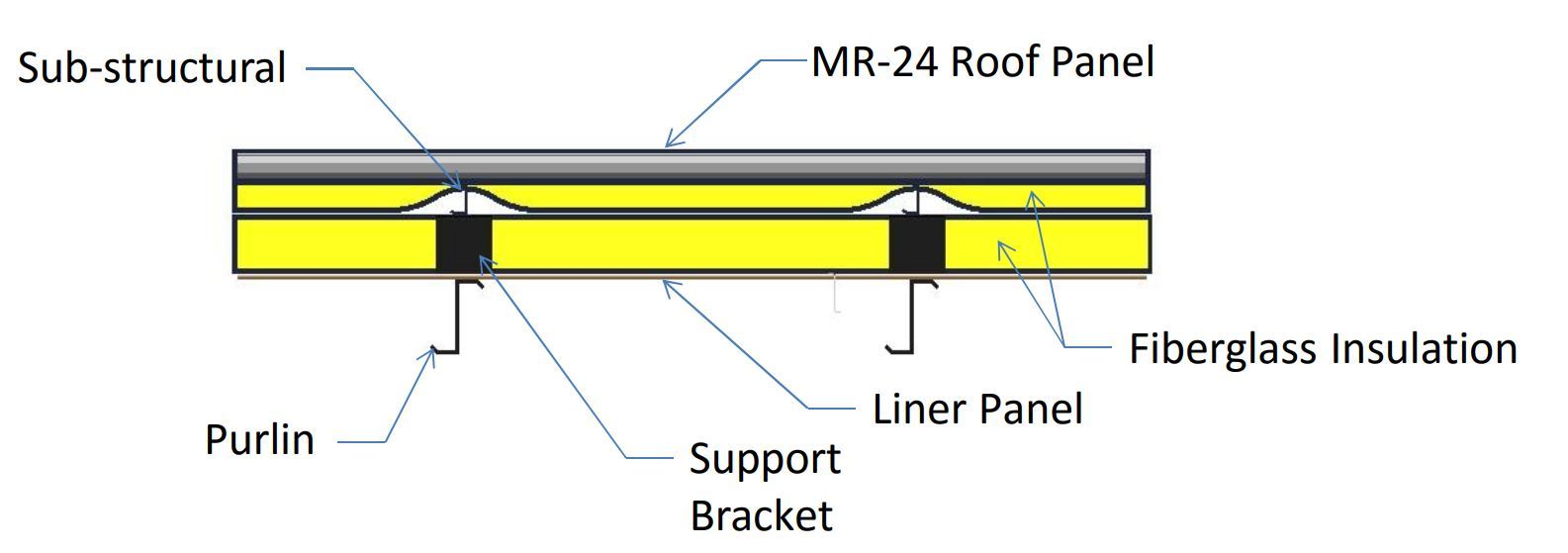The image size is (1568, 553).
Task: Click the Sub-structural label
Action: click(x=151, y=68)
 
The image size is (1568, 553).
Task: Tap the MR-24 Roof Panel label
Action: click(x=982, y=61)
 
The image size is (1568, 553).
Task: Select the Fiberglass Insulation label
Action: click(x=1323, y=349)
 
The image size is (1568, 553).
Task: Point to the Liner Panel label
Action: click(x=976, y=409)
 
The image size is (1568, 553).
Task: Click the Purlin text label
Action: click(x=259, y=439)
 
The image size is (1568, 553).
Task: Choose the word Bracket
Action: click(x=761, y=515)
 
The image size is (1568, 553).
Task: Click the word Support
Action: click(x=765, y=459)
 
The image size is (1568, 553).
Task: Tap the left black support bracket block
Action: click(x=464, y=243)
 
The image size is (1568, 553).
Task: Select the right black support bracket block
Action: click(x=917, y=243)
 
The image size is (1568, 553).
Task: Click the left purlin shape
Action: click(x=458, y=316)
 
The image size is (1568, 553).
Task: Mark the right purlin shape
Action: click(x=912, y=316)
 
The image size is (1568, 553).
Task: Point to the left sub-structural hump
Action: click(x=464, y=197)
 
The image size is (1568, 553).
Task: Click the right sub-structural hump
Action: click(x=918, y=196)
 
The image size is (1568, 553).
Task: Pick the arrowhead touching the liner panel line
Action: click(x=669, y=286)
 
